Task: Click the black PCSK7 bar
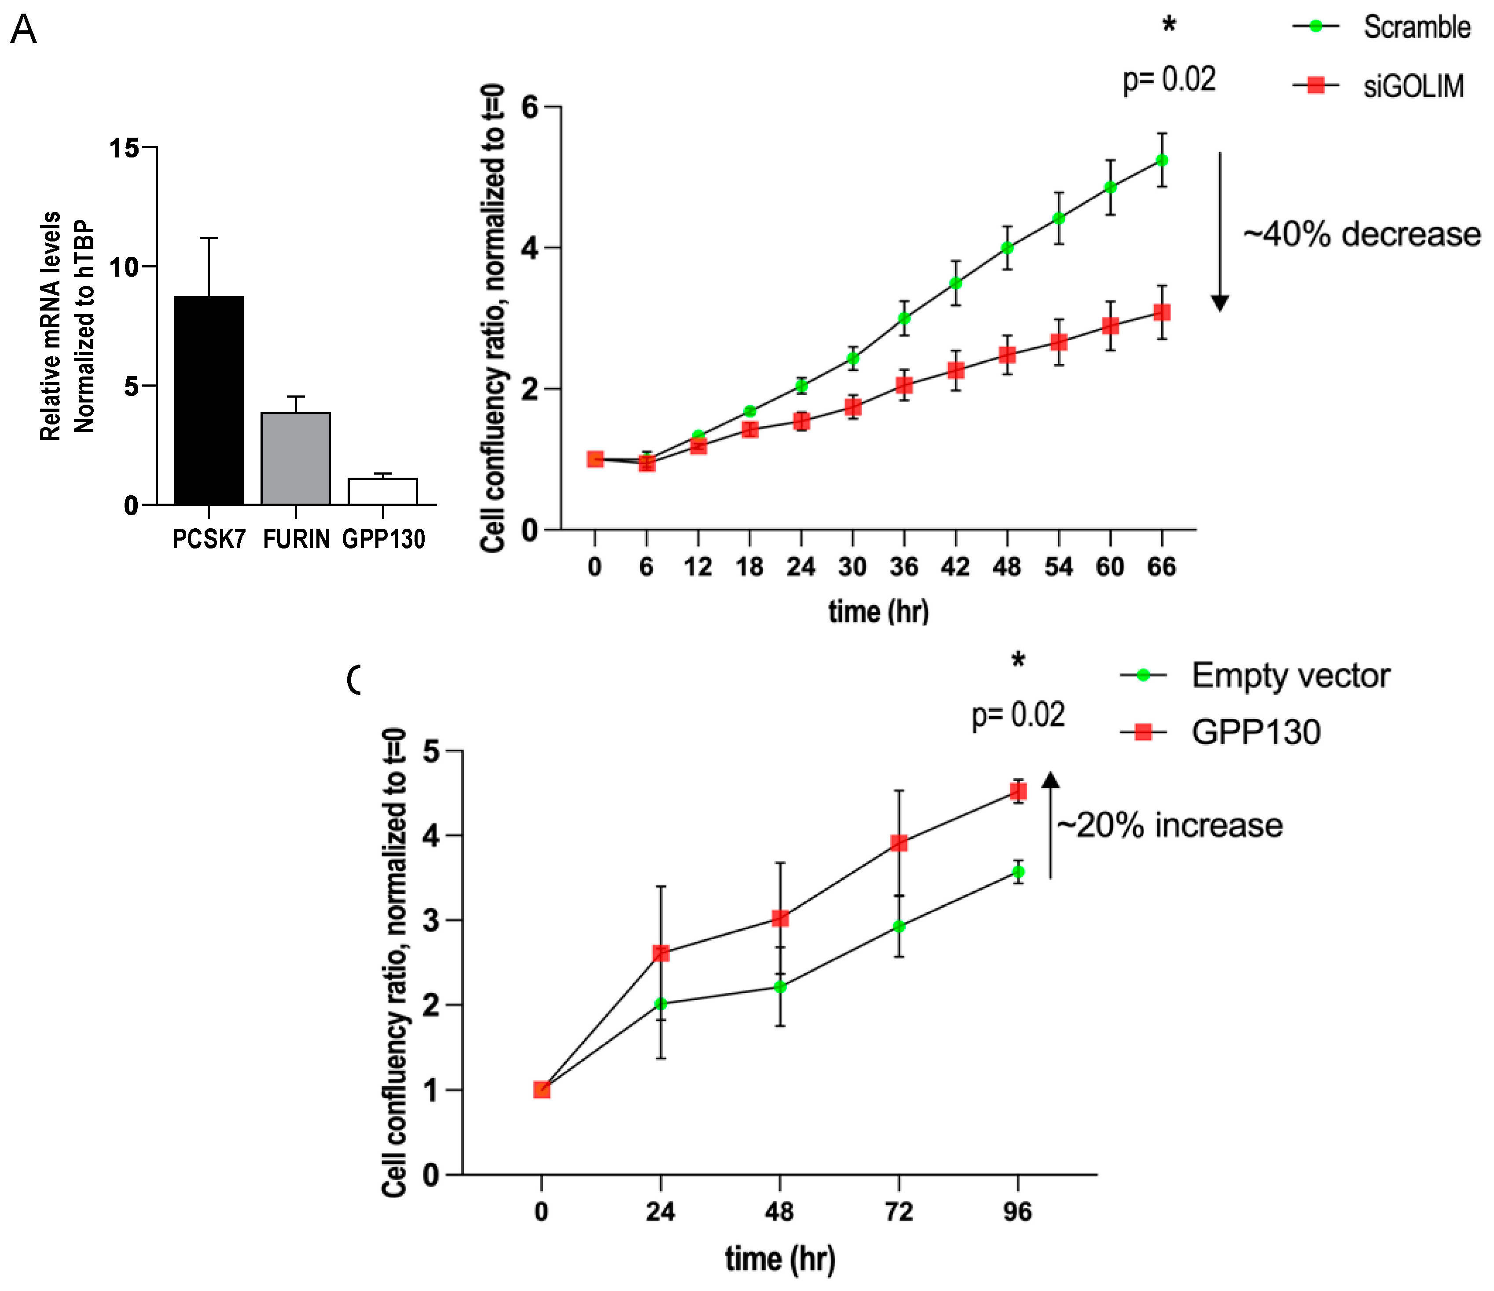coord(209,400)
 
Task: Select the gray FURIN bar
coord(296,458)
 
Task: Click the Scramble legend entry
coord(1415,27)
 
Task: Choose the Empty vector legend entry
coord(1289,676)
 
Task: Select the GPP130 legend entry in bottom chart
coord(1255,732)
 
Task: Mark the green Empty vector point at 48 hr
coord(779,986)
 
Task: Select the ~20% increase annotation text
coord(1170,825)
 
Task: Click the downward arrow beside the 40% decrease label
coord(1220,230)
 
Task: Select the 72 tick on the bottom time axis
coord(899,1212)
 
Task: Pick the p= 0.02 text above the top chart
coord(1169,79)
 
